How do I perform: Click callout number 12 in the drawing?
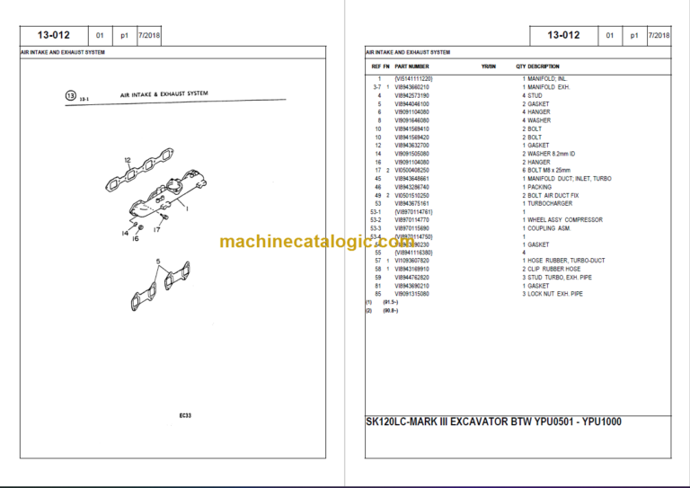[x=128, y=160]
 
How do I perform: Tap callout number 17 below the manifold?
[x=156, y=230]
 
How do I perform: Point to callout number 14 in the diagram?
[x=126, y=233]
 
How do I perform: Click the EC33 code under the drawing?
[x=184, y=415]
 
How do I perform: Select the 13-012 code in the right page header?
[x=563, y=36]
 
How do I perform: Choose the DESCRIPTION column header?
[x=544, y=67]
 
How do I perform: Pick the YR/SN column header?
[x=489, y=67]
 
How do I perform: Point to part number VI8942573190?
[x=412, y=95]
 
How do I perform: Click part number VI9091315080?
[x=412, y=294]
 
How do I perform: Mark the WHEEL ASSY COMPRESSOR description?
[x=564, y=219]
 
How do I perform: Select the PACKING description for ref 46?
[x=540, y=187]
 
